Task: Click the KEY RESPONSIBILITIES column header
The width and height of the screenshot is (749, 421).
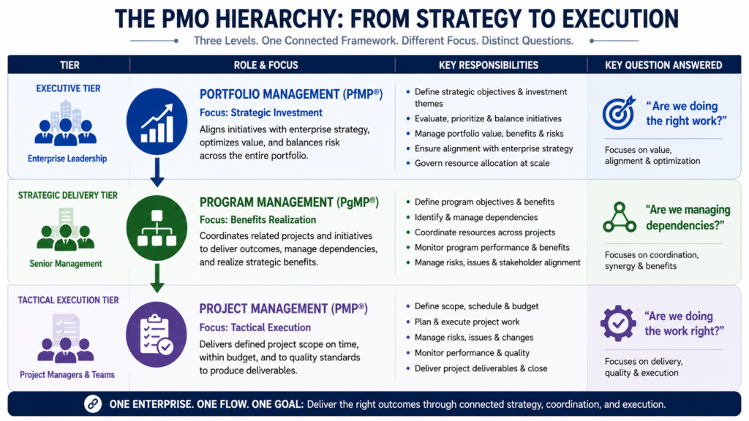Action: tap(488, 65)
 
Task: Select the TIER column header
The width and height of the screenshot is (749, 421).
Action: tap(69, 65)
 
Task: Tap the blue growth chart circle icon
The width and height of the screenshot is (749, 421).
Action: tap(157, 121)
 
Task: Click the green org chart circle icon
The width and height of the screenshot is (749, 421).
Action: tap(157, 228)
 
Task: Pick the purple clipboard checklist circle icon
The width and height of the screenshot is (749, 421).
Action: tap(157, 334)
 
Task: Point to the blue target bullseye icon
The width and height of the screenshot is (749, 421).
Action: tap(619, 113)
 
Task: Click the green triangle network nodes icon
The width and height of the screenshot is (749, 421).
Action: tap(620, 217)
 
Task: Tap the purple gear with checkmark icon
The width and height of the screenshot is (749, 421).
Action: tap(618, 323)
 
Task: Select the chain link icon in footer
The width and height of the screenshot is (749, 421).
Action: tap(93, 403)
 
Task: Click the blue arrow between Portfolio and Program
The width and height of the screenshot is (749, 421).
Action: tap(157, 172)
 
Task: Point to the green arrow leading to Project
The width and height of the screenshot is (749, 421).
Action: tap(157, 278)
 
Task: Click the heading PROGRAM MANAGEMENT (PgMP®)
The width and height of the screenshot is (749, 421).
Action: tap(289, 202)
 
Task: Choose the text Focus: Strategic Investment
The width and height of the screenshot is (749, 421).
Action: tap(261, 113)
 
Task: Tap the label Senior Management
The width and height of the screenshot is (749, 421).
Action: tap(66, 263)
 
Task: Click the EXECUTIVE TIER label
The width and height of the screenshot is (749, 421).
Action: tap(68, 88)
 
